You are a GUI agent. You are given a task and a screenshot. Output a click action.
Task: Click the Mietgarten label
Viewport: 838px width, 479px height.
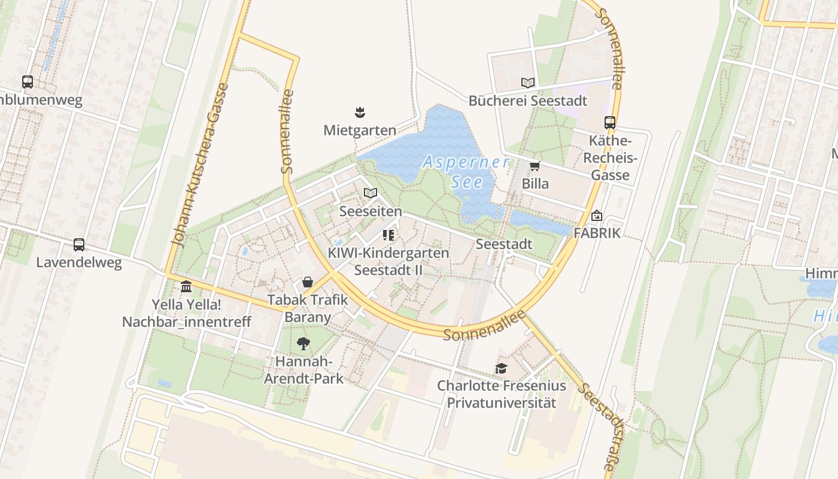(x=360, y=130)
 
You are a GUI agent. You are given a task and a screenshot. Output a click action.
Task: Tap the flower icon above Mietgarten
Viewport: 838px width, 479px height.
(x=360, y=112)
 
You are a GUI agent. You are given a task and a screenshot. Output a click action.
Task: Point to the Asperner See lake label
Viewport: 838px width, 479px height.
(x=466, y=171)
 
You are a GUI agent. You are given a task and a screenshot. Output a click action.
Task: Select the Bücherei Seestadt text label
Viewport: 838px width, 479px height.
(x=527, y=101)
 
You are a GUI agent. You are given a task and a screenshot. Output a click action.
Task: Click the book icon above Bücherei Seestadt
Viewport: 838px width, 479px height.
(x=527, y=83)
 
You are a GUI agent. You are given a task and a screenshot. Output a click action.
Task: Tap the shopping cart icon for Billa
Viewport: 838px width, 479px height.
(x=535, y=166)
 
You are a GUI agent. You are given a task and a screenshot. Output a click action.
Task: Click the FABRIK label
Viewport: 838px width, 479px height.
(x=597, y=233)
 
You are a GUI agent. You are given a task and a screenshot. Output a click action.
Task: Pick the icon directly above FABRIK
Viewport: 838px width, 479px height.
(x=597, y=216)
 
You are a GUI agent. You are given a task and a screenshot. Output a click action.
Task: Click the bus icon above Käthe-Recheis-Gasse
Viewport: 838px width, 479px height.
(x=609, y=123)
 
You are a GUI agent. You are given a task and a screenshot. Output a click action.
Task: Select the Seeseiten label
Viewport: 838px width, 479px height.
(x=371, y=211)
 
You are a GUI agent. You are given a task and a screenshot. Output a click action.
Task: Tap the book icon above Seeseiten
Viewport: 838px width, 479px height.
(x=371, y=193)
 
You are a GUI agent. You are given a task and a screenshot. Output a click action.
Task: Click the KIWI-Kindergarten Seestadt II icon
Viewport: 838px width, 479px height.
(x=388, y=235)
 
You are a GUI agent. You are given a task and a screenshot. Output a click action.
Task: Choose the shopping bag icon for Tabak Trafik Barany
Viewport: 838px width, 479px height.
(x=307, y=282)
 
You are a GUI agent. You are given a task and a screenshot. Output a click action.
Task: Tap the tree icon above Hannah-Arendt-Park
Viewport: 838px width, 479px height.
(x=304, y=344)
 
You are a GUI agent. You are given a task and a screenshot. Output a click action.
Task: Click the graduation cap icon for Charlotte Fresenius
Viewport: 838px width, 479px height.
(x=501, y=368)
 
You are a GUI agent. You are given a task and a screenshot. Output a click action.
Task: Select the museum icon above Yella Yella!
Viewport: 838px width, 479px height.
(x=186, y=286)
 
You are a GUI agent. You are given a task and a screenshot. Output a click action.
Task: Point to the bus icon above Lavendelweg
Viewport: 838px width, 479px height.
(x=78, y=244)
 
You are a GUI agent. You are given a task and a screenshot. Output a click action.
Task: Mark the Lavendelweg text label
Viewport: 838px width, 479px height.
(x=78, y=262)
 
